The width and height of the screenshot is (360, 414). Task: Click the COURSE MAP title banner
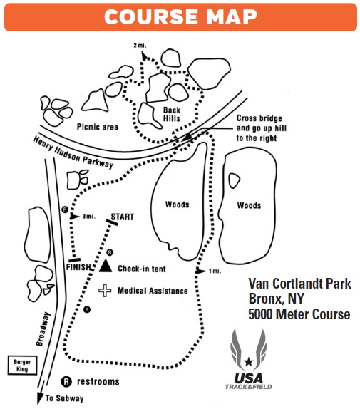pos(180,16)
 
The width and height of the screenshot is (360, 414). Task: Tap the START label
pos(123,217)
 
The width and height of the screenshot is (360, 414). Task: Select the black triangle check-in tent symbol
pos(106,266)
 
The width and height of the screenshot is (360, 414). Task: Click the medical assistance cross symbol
pos(106,290)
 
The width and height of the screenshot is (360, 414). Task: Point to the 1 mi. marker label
pos(213,271)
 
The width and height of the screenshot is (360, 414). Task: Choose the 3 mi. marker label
pos(90,217)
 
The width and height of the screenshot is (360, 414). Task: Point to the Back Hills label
pos(172,115)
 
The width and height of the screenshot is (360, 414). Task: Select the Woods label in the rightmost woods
pos(249,205)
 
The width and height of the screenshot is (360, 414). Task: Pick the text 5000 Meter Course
pos(299,314)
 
